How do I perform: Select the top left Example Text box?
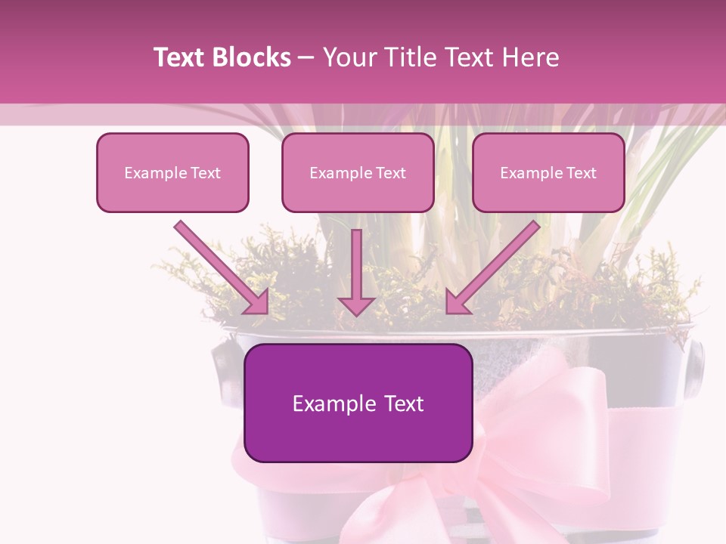click(172, 172)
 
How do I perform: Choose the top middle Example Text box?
click(358, 172)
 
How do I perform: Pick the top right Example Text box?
click(548, 172)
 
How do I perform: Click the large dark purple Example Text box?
click(358, 403)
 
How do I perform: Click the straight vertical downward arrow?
click(356, 264)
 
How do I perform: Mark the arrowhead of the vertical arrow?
click(356, 304)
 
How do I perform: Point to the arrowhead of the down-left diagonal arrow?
click(458, 301)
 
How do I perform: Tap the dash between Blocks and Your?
click(306, 58)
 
